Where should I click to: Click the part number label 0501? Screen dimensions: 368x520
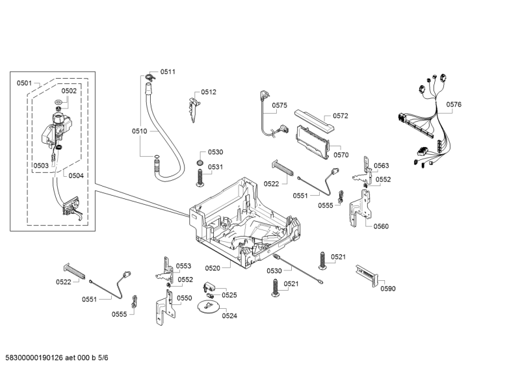click(24, 83)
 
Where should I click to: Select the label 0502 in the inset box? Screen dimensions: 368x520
click(69, 91)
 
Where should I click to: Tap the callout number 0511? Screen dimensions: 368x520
click(168, 72)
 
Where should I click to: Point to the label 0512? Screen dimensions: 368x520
click(208, 92)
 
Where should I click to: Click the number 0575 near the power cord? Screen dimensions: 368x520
click(279, 105)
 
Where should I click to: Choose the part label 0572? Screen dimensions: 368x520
click(341, 116)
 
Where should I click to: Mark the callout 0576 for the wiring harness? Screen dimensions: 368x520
click(454, 104)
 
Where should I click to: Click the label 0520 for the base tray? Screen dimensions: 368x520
click(213, 268)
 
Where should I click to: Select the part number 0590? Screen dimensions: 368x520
click(387, 289)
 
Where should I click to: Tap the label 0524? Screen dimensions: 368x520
click(229, 316)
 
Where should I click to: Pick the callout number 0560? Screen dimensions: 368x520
click(381, 226)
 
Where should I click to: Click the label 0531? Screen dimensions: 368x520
click(215, 167)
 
